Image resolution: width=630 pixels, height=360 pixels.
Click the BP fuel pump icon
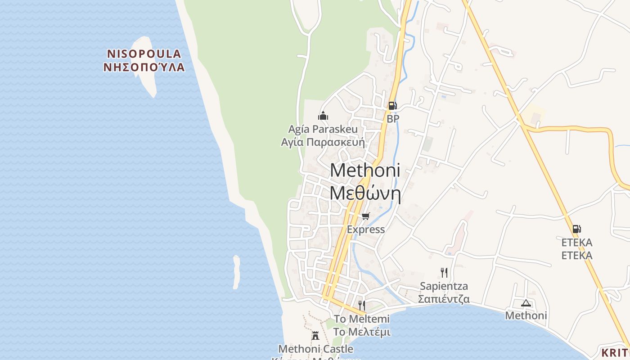[x=392, y=105]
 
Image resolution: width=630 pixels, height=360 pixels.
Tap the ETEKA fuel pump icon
[x=576, y=229]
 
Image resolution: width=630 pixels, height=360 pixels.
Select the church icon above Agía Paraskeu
[x=323, y=116]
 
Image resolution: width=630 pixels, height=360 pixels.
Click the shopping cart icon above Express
[x=365, y=216]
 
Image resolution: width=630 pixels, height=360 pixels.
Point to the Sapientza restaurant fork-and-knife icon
[x=444, y=272]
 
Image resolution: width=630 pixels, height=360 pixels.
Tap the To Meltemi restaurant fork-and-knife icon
[x=361, y=305]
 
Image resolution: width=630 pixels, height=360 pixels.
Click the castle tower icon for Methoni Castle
[x=315, y=335]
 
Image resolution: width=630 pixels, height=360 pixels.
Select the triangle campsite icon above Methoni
[x=526, y=303]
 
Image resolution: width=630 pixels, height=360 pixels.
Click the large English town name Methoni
[x=365, y=171]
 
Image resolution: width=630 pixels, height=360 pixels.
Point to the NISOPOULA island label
[x=144, y=54]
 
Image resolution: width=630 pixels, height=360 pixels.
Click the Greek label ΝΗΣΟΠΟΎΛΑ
[x=144, y=67]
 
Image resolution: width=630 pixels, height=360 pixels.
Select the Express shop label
[x=366, y=229]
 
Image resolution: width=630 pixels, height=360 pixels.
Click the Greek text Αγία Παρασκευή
[x=323, y=142]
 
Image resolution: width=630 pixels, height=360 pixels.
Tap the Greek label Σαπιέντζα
[x=444, y=299]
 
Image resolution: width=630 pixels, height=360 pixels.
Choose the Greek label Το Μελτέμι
[x=362, y=332]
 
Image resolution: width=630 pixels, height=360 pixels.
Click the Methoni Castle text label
[x=315, y=349]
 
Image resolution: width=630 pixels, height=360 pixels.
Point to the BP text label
[x=393, y=119]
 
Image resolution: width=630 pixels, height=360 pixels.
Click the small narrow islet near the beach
[x=236, y=272]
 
